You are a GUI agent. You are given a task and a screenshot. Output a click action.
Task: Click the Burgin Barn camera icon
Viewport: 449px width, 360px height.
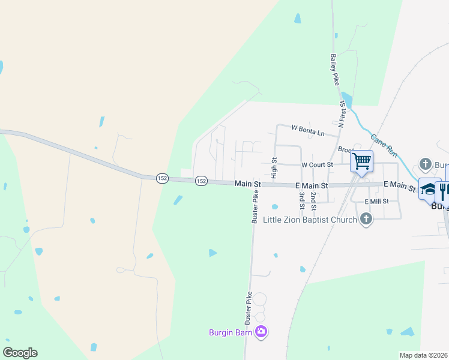point(261,331)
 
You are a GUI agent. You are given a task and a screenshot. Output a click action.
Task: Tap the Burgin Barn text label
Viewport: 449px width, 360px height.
point(231,332)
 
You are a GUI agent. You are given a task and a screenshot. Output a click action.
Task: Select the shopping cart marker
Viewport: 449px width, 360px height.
point(361,161)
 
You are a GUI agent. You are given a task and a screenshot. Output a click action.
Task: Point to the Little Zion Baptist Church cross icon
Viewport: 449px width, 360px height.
point(366,220)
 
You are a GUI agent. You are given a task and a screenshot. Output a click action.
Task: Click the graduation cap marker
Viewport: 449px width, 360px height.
point(429,189)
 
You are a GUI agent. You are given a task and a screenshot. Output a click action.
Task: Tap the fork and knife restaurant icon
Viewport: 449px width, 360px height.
point(444,190)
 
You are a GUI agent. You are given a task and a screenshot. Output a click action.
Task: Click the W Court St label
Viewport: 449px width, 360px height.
point(317,164)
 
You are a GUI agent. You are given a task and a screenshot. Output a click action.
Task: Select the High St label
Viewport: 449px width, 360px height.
point(274,169)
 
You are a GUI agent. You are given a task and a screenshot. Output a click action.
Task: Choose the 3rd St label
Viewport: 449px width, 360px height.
point(302,201)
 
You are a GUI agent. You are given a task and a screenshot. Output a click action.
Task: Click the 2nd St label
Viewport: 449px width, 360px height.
point(313,201)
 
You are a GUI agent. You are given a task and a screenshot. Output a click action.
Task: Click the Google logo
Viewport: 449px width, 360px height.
point(20,353)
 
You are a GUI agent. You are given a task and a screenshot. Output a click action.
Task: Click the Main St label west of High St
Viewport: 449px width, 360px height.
point(247,183)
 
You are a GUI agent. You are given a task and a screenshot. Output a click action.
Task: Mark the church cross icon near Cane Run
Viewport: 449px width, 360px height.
point(425,163)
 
